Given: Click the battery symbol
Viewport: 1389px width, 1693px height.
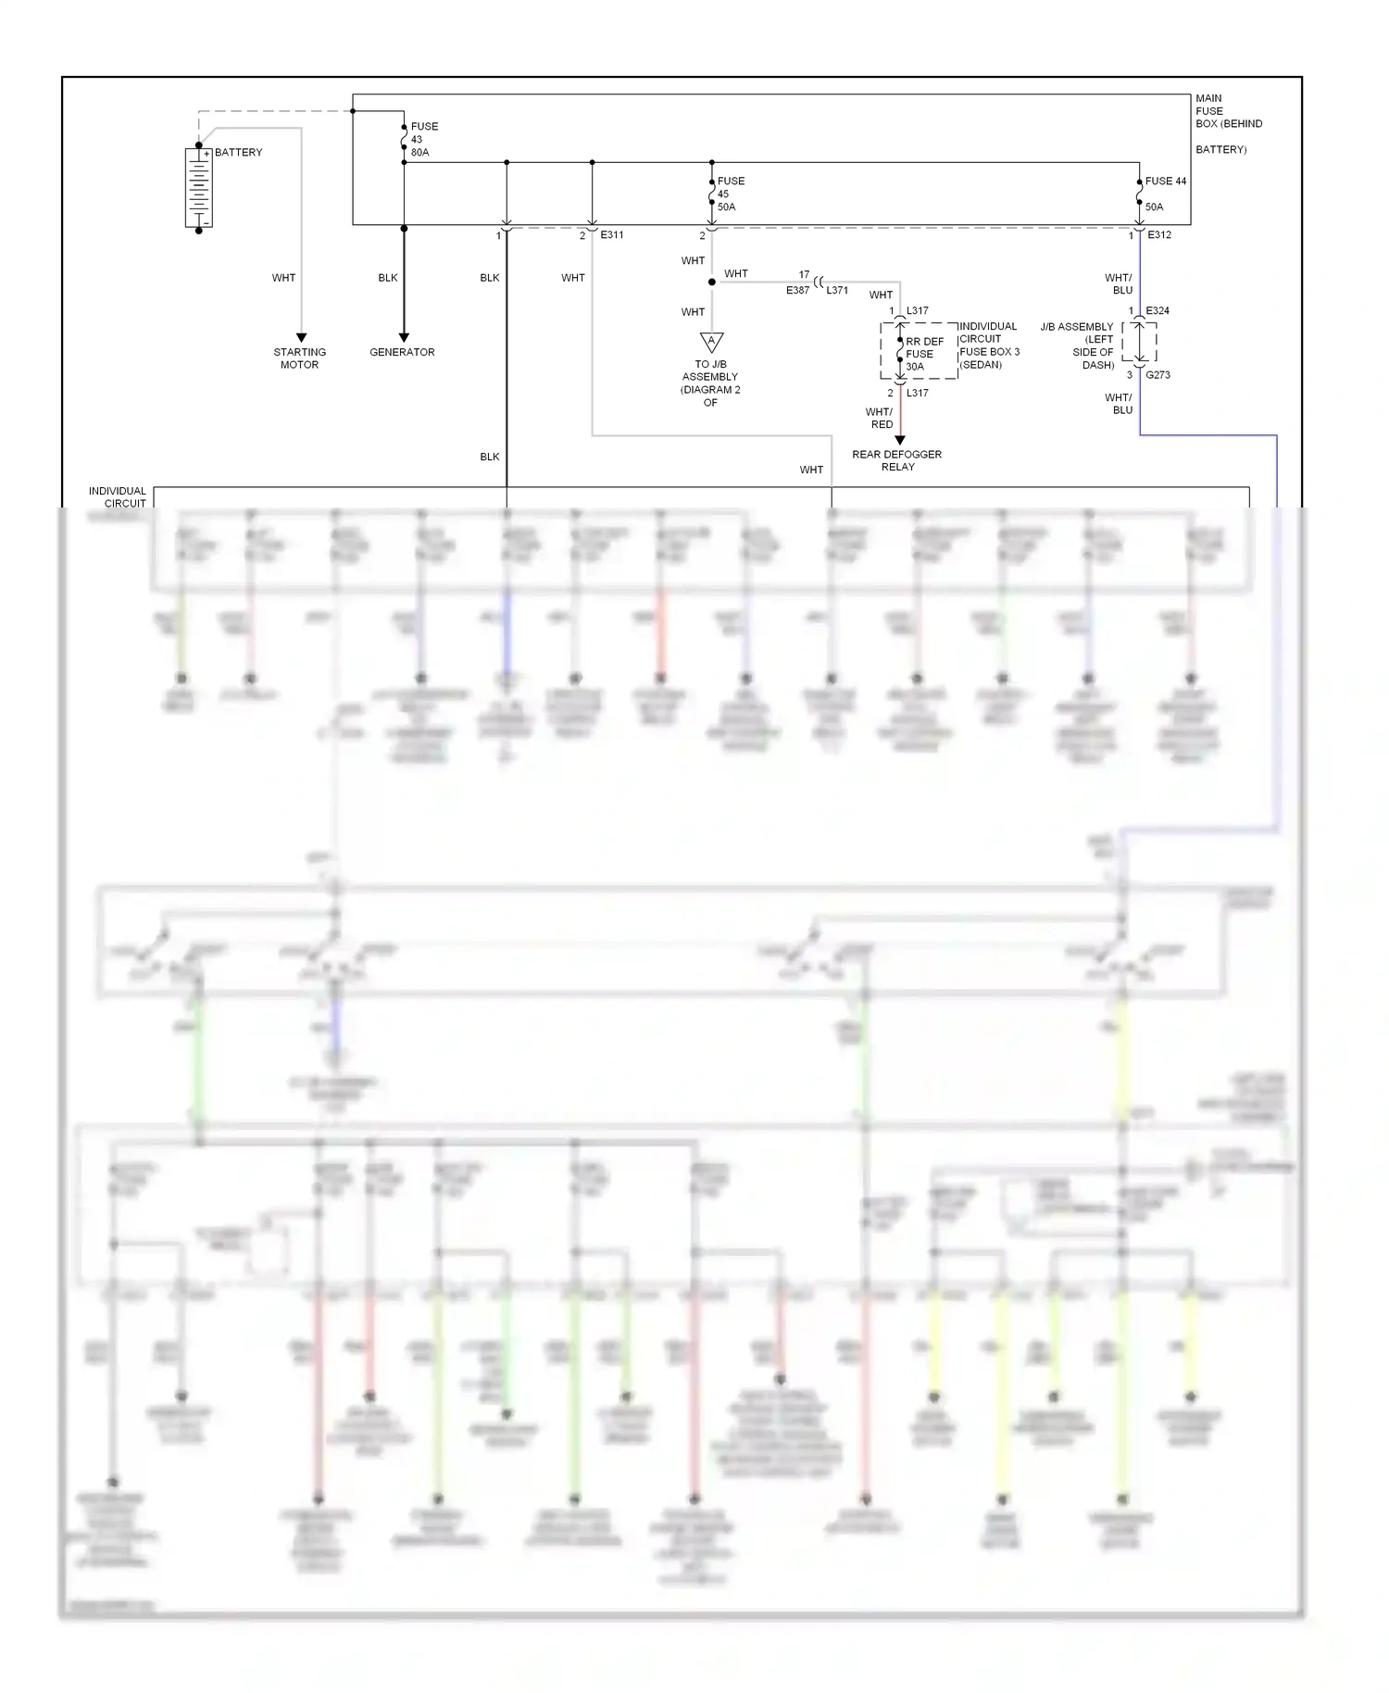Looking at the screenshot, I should click(199, 187).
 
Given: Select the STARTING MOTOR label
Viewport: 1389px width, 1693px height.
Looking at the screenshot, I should click(299, 358).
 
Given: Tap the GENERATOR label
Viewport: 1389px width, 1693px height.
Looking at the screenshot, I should click(402, 352).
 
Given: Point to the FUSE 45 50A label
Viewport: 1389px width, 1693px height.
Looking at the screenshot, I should click(730, 194).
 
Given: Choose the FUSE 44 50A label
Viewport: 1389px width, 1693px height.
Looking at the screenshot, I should click(1164, 194).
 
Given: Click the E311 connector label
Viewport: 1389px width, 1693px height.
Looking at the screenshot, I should click(612, 235).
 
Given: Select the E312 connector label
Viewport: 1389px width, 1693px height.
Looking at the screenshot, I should click(1159, 235).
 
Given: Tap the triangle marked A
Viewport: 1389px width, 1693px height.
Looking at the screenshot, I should click(711, 342).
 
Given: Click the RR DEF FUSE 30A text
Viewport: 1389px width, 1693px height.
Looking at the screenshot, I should click(923, 354).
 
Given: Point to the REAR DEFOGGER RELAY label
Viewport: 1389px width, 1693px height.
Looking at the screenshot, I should click(896, 460).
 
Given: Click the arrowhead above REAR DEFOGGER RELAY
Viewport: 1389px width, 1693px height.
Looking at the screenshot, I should click(899, 440).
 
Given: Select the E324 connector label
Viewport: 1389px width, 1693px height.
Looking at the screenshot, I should click(1157, 311).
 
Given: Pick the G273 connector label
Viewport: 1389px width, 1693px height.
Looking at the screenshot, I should click(1157, 375).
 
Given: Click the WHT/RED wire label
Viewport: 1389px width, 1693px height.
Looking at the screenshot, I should click(880, 418).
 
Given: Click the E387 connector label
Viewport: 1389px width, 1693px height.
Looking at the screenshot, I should click(797, 291).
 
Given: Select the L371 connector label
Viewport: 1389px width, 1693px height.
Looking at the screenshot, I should click(837, 291).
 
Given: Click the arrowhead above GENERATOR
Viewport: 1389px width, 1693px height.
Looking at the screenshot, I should click(403, 337).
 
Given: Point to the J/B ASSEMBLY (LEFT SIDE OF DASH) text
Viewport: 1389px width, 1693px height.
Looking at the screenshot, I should click(1079, 345).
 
